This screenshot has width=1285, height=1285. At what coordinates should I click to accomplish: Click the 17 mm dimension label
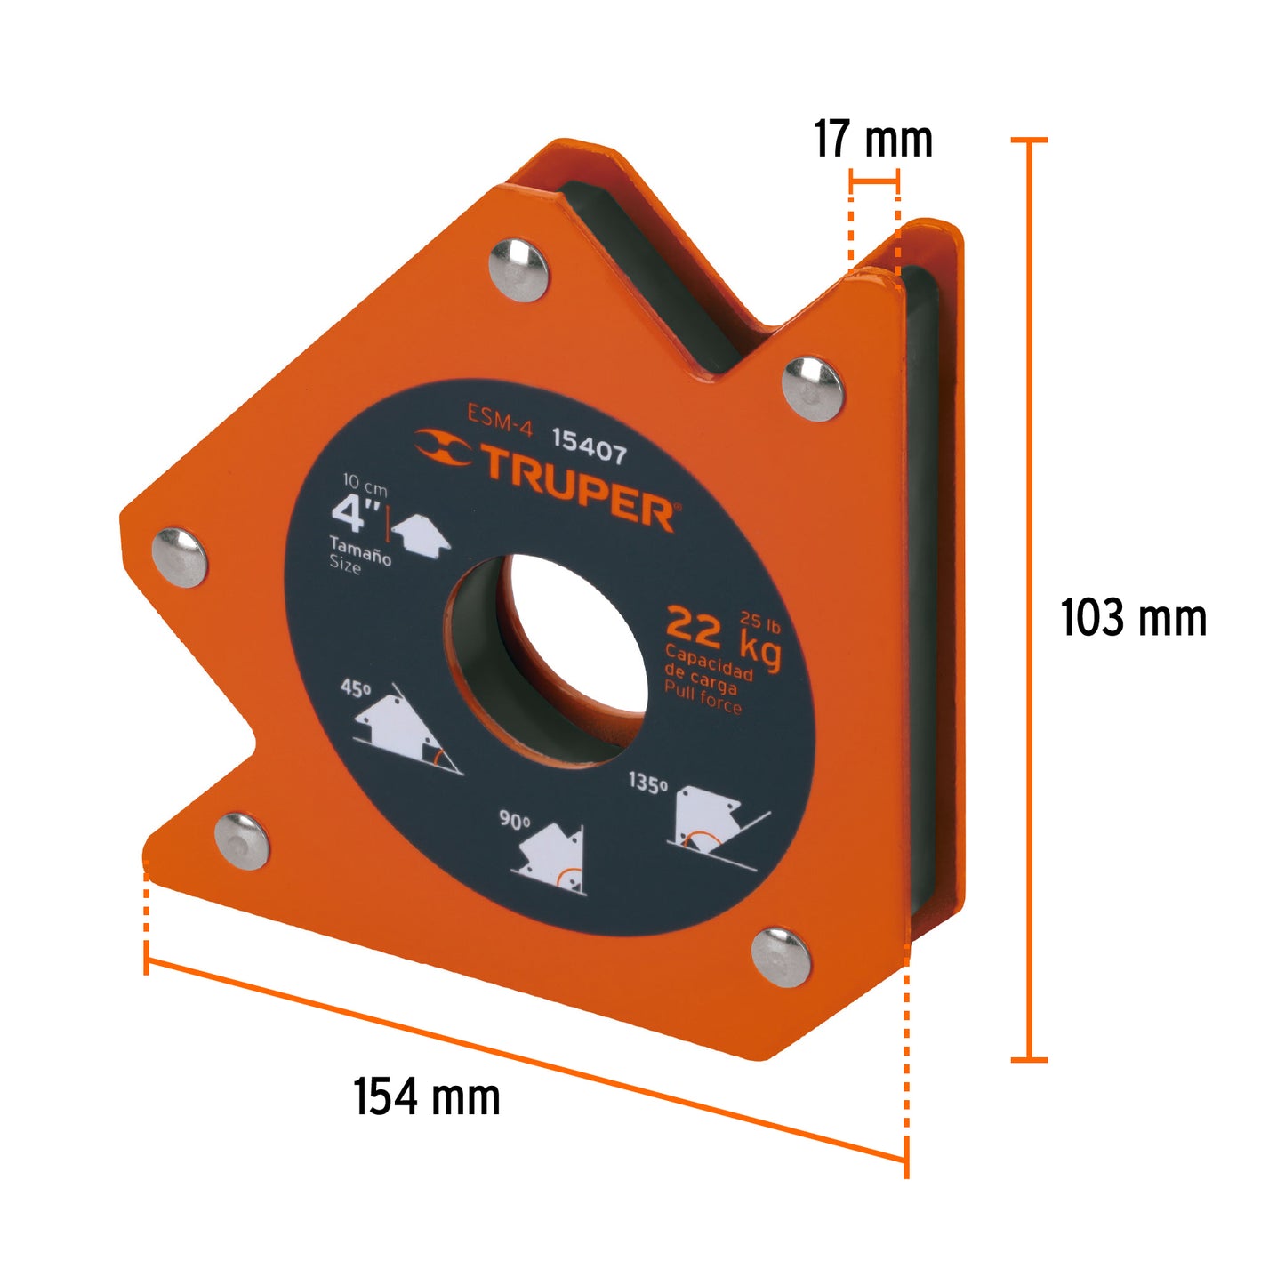point(872,140)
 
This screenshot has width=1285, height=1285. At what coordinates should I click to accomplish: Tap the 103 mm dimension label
point(1133,618)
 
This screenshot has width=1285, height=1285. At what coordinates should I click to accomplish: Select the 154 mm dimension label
point(427,1096)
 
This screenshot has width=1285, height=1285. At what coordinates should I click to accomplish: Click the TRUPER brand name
point(578,486)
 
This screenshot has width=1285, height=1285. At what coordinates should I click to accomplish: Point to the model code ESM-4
point(500,420)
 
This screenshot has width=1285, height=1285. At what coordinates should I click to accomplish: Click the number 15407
point(589,445)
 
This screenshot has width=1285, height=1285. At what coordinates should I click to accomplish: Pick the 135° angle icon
point(711,823)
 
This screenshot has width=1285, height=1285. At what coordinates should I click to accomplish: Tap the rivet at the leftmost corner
point(180,558)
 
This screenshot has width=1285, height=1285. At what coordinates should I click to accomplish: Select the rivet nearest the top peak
point(518,269)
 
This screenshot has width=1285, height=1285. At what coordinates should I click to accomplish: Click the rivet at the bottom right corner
point(781,957)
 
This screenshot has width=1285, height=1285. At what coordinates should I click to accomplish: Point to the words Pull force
point(703,698)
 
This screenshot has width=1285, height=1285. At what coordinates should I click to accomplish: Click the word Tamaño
point(360,551)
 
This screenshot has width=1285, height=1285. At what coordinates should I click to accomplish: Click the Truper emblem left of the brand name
point(442,446)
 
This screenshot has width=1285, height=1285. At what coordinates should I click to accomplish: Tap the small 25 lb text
point(759,622)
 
